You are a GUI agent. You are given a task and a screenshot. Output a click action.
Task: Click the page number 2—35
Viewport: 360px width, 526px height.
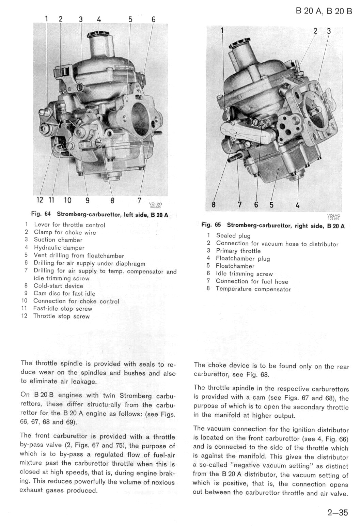[x=338, y=512]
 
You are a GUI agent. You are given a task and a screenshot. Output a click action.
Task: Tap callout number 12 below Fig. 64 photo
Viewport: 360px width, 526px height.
[x=40, y=200]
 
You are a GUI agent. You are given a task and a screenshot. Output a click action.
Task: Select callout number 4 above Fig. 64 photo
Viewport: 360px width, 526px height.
[x=99, y=19]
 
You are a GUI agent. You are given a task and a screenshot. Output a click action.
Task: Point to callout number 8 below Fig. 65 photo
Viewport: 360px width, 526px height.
[x=214, y=204]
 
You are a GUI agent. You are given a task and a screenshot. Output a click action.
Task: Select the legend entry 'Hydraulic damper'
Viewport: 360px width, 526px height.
[x=59, y=248]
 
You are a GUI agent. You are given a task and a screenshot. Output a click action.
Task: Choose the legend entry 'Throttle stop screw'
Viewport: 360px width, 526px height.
[x=61, y=316]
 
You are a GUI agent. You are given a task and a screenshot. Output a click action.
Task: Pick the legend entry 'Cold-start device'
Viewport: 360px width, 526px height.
[x=58, y=286]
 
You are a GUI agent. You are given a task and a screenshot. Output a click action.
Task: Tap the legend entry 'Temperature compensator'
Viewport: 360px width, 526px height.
[x=253, y=289]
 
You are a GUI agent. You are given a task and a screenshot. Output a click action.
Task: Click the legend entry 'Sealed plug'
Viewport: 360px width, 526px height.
[x=233, y=235]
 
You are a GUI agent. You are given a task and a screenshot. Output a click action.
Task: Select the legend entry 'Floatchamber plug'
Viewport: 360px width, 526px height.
[x=243, y=259]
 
